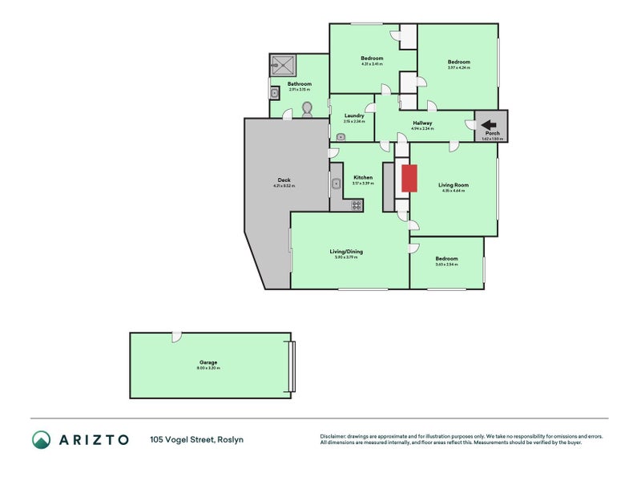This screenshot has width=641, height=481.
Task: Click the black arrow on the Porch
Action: click(x=488, y=124)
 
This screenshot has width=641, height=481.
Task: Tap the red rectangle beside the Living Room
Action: click(x=409, y=178)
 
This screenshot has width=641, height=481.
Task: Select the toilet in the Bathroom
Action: click(x=306, y=108)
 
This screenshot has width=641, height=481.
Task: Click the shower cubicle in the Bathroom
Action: click(x=283, y=65)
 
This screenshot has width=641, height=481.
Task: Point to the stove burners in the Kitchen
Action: click(x=357, y=205)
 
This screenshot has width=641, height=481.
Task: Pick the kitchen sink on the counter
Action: click(x=335, y=184)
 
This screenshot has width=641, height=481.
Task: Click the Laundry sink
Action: click(x=341, y=136)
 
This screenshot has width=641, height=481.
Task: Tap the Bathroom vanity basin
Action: click(x=274, y=93)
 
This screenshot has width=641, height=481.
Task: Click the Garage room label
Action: click(x=208, y=362)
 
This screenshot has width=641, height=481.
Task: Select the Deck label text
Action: click(x=284, y=180)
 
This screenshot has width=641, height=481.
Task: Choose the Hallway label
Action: click(x=421, y=123)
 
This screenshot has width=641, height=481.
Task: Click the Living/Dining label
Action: click(x=346, y=252)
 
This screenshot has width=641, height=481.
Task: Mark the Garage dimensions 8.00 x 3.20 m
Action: click(x=208, y=368)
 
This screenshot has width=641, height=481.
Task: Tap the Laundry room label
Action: click(x=354, y=115)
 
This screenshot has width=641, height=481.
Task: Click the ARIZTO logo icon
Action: click(x=41, y=439)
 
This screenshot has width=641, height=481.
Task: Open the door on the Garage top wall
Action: click(x=176, y=336)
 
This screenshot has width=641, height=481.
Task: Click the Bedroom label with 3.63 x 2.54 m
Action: click(x=446, y=259)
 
